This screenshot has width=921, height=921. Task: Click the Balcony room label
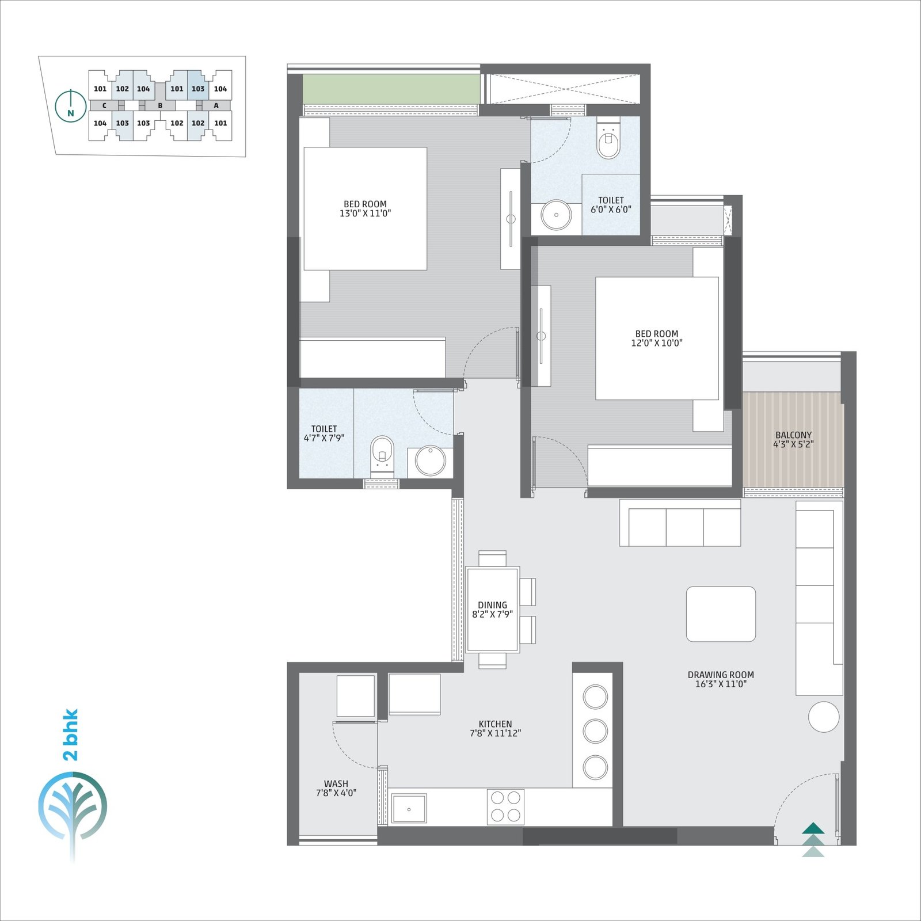pyautogui.click(x=793, y=435)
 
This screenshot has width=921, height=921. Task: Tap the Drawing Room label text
pyautogui.click(x=721, y=675)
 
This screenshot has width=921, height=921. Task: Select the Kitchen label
pyautogui.click(x=495, y=724)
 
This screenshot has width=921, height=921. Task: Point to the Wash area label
pyautogui.click(x=336, y=783)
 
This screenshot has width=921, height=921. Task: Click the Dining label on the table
pyautogui.click(x=492, y=605)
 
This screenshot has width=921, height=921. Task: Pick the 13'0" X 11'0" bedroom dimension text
pyautogui.click(x=366, y=214)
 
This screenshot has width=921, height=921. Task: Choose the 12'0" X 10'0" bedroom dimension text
pyautogui.click(x=657, y=343)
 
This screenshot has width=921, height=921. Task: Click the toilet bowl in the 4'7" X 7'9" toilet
pyautogui.click(x=382, y=455)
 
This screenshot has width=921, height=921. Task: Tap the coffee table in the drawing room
pyautogui.click(x=721, y=614)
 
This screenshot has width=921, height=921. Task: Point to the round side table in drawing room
pyautogui.click(x=824, y=717)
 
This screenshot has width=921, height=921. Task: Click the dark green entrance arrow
pyautogui.click(x=813, y=828)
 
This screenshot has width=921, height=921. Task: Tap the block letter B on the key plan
pyautogui.click(x=160, y=106)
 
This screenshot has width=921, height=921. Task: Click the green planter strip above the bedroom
pyautogui.click(x=391, y=89)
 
